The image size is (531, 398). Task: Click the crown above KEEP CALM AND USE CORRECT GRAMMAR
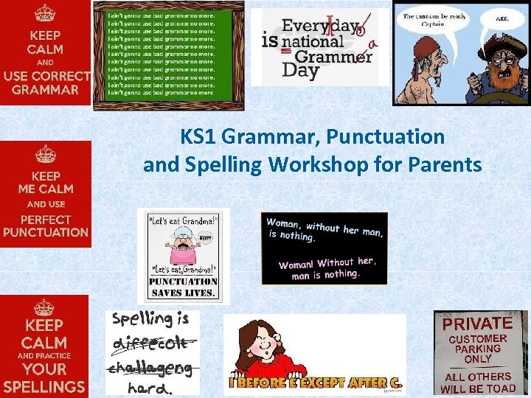45,13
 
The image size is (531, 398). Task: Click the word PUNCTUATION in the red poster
46,232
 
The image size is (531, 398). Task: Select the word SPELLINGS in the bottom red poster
44,386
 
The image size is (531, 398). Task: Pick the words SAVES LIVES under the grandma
183,293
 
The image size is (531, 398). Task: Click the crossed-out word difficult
151,343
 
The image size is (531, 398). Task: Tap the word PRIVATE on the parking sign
477,323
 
